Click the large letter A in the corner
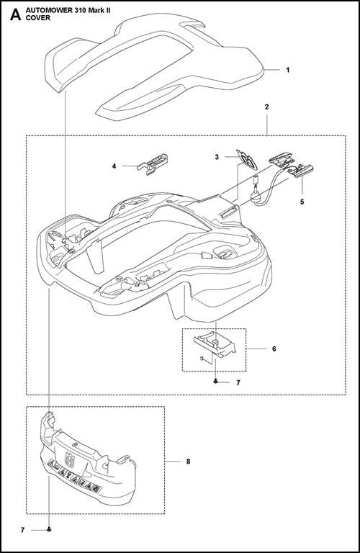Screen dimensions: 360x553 click(x=16, y=15)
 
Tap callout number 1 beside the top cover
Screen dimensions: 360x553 click(x=288, y=70)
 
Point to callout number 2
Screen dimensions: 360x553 click(x=266, y=107)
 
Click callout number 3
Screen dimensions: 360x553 click(x=217, y=157)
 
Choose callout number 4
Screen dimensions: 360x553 click(x=114, y=166)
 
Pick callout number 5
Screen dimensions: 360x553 click(x=302, y=202)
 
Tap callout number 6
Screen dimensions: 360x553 click(x=274, y=349)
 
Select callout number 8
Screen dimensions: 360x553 click(x=189, y=462)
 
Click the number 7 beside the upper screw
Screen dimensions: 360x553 click(x=238, y=382)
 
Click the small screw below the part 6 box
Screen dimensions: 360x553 click(x=215, y=382)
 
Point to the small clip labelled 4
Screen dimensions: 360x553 click(x=152, y=163)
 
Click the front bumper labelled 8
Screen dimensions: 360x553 click(x=88, y=461)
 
